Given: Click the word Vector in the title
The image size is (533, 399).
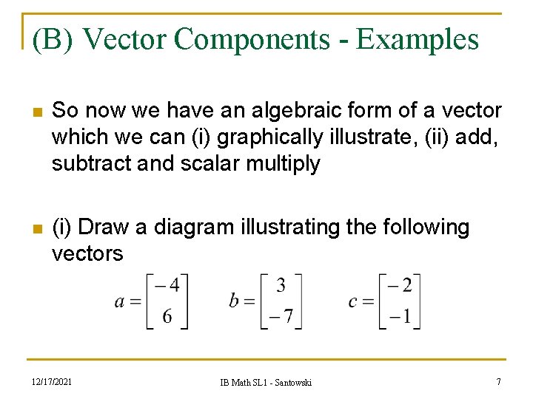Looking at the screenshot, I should click(125, 39).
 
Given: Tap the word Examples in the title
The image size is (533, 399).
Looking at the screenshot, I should click(418, 39).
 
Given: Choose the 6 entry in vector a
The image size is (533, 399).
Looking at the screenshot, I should click(167, 316).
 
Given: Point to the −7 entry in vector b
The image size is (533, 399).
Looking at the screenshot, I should click(280, 316).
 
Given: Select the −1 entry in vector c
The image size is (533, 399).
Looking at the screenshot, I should click(400, 316).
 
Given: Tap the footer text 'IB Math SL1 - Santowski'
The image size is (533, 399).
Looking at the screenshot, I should click(266, 382).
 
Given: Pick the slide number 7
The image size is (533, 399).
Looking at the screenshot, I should click(499, 381).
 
